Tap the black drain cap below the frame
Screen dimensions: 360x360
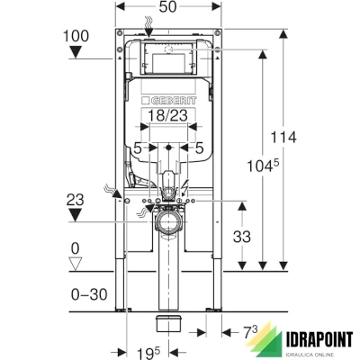[167, 321]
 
